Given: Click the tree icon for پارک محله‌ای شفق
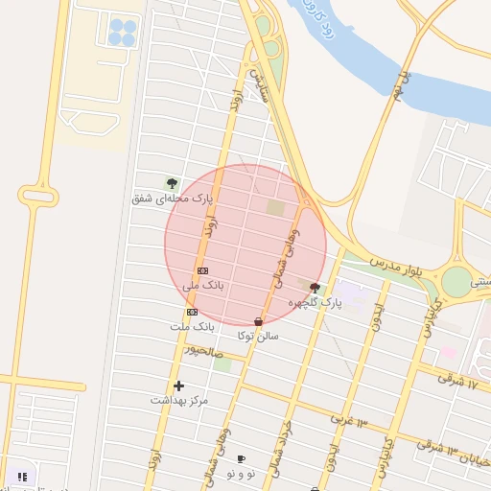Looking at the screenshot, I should tap(173, 183).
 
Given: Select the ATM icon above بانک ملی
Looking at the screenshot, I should tap(202, 271).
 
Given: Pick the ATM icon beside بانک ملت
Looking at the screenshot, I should tap(192, 312).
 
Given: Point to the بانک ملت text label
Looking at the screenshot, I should tap(193, 327).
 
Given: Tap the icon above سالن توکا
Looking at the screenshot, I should tap(258, 322).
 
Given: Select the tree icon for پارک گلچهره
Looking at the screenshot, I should tap(315, 288).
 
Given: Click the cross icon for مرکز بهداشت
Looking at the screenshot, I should tap(178, 386).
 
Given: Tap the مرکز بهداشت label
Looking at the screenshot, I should tap(178, 400).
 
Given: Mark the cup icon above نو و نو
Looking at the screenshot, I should tap(240, 459).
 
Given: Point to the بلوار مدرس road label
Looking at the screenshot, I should tap(397, 267).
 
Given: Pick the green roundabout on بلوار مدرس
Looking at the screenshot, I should tap(457, 280).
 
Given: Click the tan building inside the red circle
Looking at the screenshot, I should tap(276, 207).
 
